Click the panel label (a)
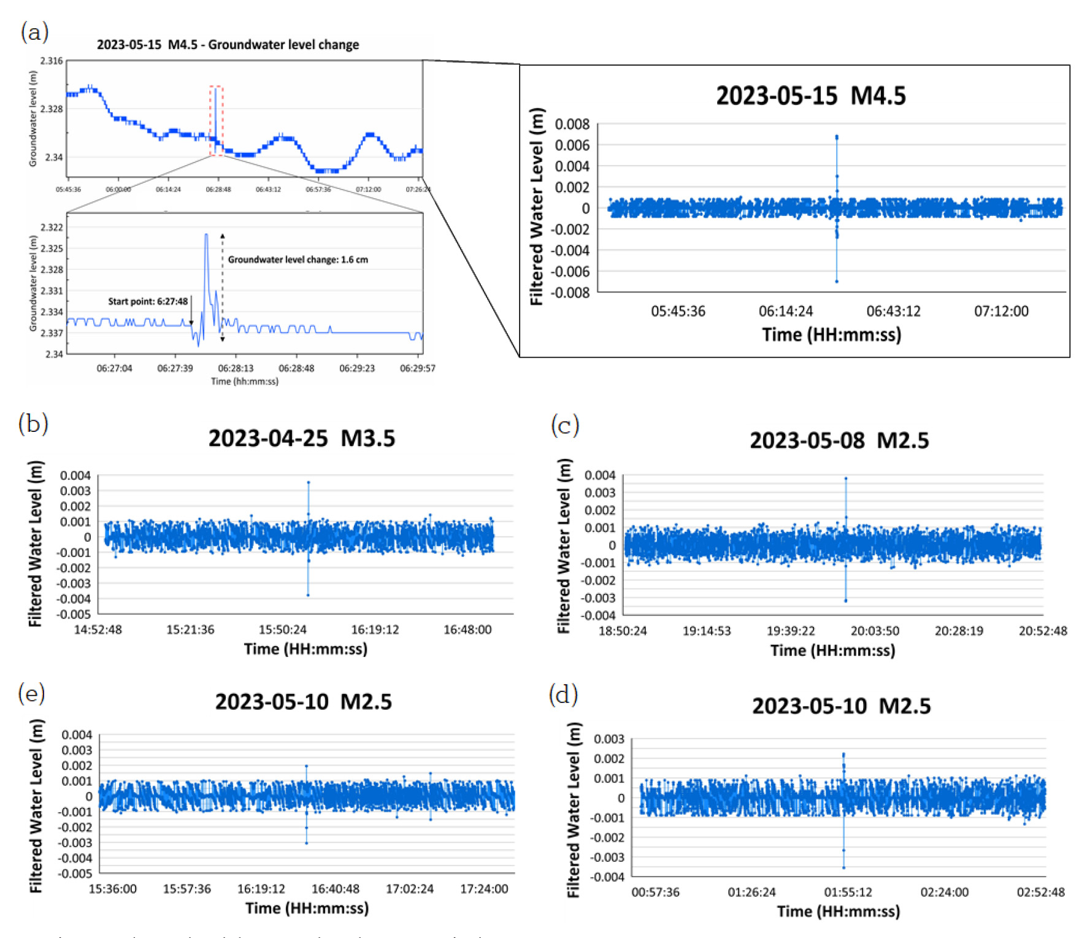[34, 31]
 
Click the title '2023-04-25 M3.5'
[301, 439]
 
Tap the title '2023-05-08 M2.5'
[839, 440]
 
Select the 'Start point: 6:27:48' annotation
[148, 301]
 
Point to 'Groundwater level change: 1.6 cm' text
[298, 259]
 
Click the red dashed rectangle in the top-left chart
[216, 121]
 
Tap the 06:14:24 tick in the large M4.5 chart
[785, 311]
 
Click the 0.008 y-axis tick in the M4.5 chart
[572, 125]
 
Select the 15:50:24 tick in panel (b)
[282, 629]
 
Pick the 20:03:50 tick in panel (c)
[874, 631]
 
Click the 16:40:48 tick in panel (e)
[335, 889]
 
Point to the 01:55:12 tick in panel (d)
[848, 892]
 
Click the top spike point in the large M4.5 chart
[837, 137]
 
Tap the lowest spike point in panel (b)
[308, 595]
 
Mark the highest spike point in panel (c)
[846, 479]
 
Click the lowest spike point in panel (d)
[843, 867]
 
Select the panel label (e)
[32, 694]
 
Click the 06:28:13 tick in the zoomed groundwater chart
[236, 368]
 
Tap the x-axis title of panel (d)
[838, 912]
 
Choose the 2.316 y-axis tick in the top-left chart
[52, 61]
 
